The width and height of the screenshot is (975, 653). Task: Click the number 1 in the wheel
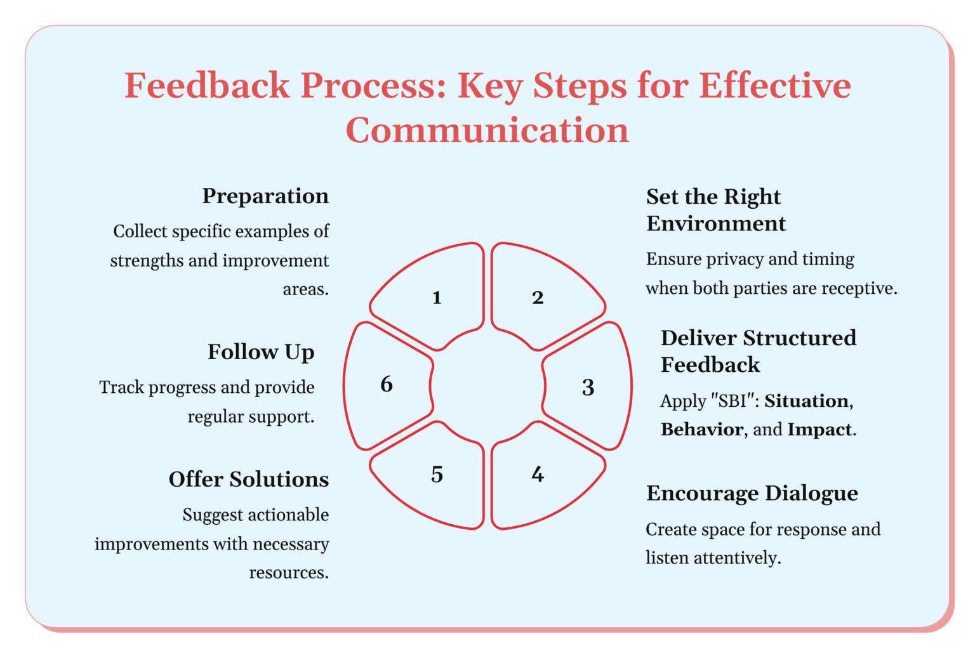(437, 298)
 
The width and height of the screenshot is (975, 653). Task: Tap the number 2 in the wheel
(538, 298)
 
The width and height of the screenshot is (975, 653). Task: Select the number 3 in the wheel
(588, 387)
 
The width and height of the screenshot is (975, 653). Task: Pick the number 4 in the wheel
(538, 474)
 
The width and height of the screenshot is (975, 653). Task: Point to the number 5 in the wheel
(437, 474)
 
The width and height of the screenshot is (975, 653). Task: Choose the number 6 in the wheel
(387, 384)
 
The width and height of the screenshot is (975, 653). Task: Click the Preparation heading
(265, 196)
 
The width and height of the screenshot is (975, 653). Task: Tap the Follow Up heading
(261, 352)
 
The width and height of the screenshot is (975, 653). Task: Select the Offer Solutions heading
(249, 479)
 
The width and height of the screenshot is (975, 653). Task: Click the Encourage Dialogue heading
(752, 494)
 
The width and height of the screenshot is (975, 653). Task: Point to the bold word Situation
(807, 401)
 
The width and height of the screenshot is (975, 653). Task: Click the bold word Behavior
(702, 430)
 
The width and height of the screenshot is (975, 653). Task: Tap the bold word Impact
(819, 430)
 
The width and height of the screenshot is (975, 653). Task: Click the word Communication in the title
(487, 130)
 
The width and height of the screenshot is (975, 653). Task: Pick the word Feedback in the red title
(207, 86)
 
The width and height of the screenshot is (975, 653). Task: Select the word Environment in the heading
(716, 224)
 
